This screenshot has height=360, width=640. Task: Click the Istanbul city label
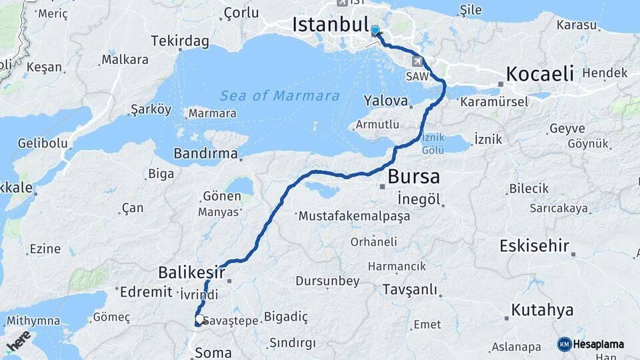point(330,25)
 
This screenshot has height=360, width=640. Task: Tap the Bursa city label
point(413,177)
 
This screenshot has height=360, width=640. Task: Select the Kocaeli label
point(540,73)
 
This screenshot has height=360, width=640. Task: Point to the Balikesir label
point(191,271)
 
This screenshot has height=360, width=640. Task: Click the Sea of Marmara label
point(279,95)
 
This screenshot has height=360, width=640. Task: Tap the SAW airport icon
point(418,62)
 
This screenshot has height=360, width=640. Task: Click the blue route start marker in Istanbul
point(375,30)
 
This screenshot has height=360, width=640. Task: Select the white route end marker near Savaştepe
point(199,319)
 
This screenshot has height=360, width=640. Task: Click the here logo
point(18,341)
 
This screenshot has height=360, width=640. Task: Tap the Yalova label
point(386,101)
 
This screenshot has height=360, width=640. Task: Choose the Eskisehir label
point(534,246)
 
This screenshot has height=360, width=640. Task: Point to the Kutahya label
point(543,310)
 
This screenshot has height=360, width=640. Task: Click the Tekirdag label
point(180,41)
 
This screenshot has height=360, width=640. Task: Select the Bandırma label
point(205,153)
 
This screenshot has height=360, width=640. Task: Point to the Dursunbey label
point(327,281)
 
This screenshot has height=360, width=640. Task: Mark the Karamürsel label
point(494,102)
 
